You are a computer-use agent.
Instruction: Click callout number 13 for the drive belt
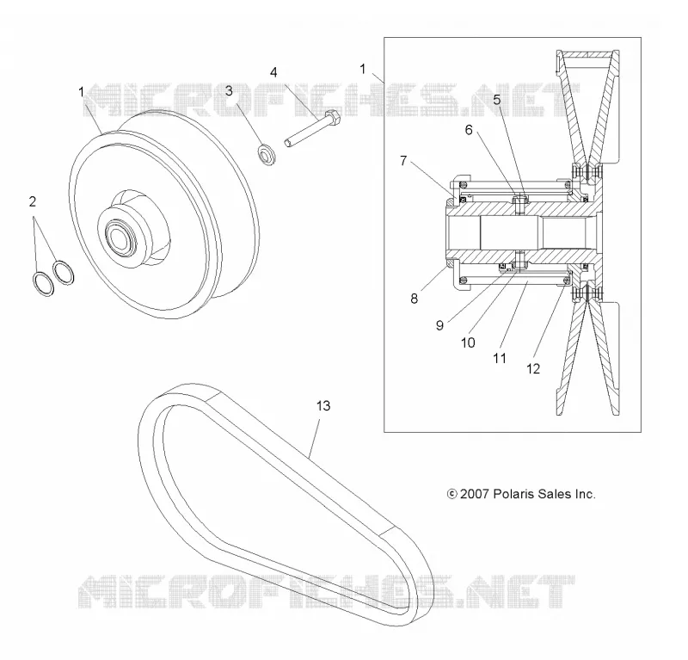pyautogui.click(x=323, y=406)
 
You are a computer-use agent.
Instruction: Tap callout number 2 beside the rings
pyautogui.click(x=33, y=201)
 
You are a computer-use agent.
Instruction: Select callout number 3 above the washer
pyautogui.click(x=229, y=91)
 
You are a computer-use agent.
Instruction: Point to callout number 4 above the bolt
pyautogui.click(x=273, y=72)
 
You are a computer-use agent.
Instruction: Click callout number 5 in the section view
pyautogui.click(x=497, y=100)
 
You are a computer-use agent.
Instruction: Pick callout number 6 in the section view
pyautogui.click(x=469, y=130)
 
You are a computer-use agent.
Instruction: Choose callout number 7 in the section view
pyautogui.click(x=403, y=161)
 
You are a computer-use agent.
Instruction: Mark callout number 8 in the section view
pyautogui.click(x=415, y=299)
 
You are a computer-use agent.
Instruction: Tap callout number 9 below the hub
pyautogui.click(x=439, y=325)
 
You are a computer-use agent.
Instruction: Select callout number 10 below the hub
pyautogui.click(x=468, y=342)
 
